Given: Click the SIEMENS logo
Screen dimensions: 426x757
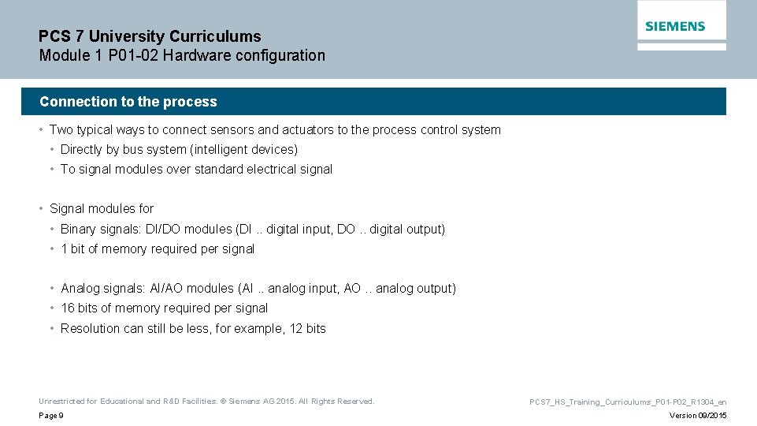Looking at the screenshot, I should (x=675, y=26).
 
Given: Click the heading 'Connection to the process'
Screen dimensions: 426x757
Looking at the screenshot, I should (x=128, y=102).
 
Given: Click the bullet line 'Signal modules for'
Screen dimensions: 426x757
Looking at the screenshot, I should (x=102, y=209).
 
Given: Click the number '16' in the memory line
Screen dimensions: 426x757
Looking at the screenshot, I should (x=68, y=308).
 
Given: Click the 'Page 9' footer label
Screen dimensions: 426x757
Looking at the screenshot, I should (x=51, y=416).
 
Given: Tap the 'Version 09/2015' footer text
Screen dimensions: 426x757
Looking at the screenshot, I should (x=698, y=416).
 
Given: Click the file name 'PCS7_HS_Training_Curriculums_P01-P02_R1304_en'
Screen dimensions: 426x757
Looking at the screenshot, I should (x=628, y=402).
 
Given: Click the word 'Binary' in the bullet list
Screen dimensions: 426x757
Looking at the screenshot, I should (x=79, y=230).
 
